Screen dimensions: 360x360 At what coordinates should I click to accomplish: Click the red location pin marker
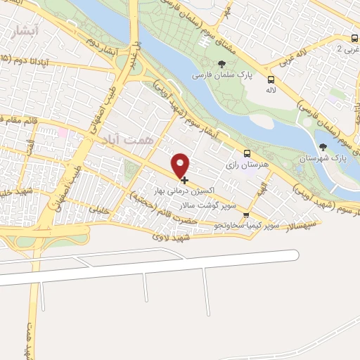(x=181, y=165)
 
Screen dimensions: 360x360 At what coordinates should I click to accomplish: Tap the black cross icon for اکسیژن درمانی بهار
(x=184, y=181)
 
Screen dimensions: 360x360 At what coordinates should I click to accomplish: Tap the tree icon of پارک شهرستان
(x=323, y=147)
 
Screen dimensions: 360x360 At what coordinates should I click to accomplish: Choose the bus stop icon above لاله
(x=271, y=79)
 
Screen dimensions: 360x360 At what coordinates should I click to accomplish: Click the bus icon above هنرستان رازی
(x=246, y=153)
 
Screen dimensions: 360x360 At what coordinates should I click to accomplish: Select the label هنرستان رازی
(x=243, y=165)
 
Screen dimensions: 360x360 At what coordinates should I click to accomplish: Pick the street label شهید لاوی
(x=168, y=238)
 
